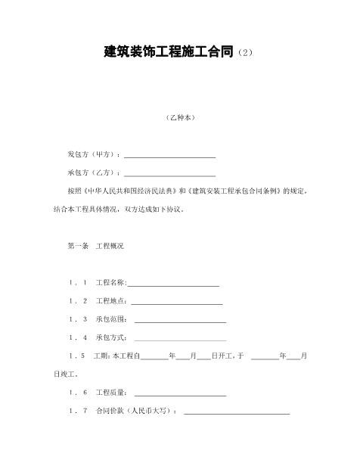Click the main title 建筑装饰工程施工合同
(x=169, y=52)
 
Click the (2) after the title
(x=247, y=54)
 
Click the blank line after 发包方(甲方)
(x=170, y=156)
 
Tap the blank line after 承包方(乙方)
(x=170, y=174)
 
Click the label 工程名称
(x=110, y=282)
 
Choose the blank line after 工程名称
(x=174, y=284)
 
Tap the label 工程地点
(x=110, y=300)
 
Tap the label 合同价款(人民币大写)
(x=136, y=410)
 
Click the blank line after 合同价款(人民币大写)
(x=237, y=412)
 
